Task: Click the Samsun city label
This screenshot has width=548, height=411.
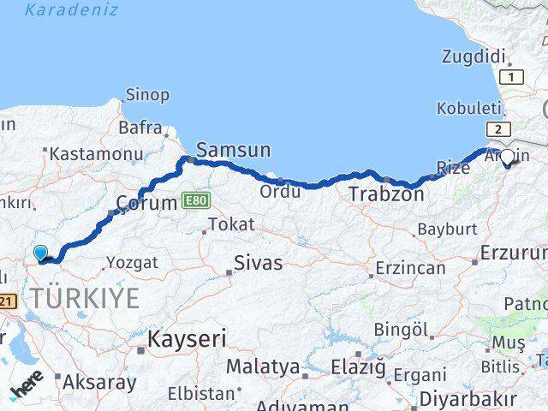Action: click(234, 151)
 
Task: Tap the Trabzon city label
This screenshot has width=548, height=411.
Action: click(385, 194)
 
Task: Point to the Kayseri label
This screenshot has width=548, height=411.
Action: click(186, 339)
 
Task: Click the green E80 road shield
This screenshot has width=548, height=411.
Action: click(195, 200)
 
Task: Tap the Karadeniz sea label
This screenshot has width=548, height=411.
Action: click(71, 10)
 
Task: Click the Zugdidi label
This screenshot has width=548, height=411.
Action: click(474, 57)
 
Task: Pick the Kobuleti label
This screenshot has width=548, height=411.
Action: click(468, 108)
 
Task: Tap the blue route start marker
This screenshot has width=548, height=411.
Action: click(41, 253)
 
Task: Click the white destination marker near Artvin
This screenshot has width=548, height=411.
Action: click(507, 157)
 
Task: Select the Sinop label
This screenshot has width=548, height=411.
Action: click(147, 95)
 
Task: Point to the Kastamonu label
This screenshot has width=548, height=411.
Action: click(95, 154)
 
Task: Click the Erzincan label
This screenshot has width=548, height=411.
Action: click(408, 268)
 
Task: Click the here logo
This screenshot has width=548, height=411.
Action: click(28, 390)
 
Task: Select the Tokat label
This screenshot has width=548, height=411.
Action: click(231, 224)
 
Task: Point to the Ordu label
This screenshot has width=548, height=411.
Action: click(281, 191)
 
